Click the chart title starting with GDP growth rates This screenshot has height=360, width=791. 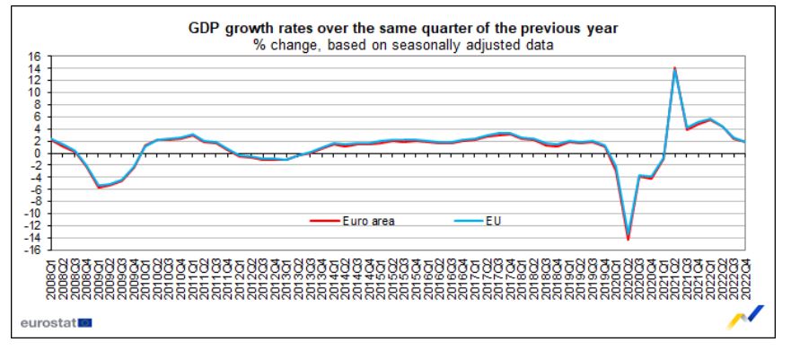tap(399, 30)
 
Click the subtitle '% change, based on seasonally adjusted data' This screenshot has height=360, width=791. tap(399, 44)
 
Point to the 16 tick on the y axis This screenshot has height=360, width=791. tap(34, 57)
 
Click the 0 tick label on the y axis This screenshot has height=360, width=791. tap(37, 154)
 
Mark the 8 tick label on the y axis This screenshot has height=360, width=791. tap(37, 105)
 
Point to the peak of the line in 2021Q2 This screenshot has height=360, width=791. tap(674, 68)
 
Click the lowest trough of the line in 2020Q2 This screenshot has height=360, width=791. tap(628, 239)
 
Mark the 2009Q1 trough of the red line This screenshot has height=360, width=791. tap(99, 187)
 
